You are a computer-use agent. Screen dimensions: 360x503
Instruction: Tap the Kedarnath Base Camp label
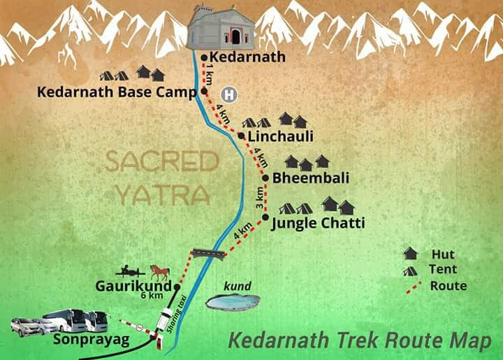pos(116,91)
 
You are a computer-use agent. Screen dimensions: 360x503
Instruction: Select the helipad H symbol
pos(227,93)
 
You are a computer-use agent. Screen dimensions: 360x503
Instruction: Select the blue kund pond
pos(233,302)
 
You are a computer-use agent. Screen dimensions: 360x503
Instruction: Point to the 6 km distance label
pos(151,296)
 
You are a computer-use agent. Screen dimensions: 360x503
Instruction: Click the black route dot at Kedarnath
pos(204,57)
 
